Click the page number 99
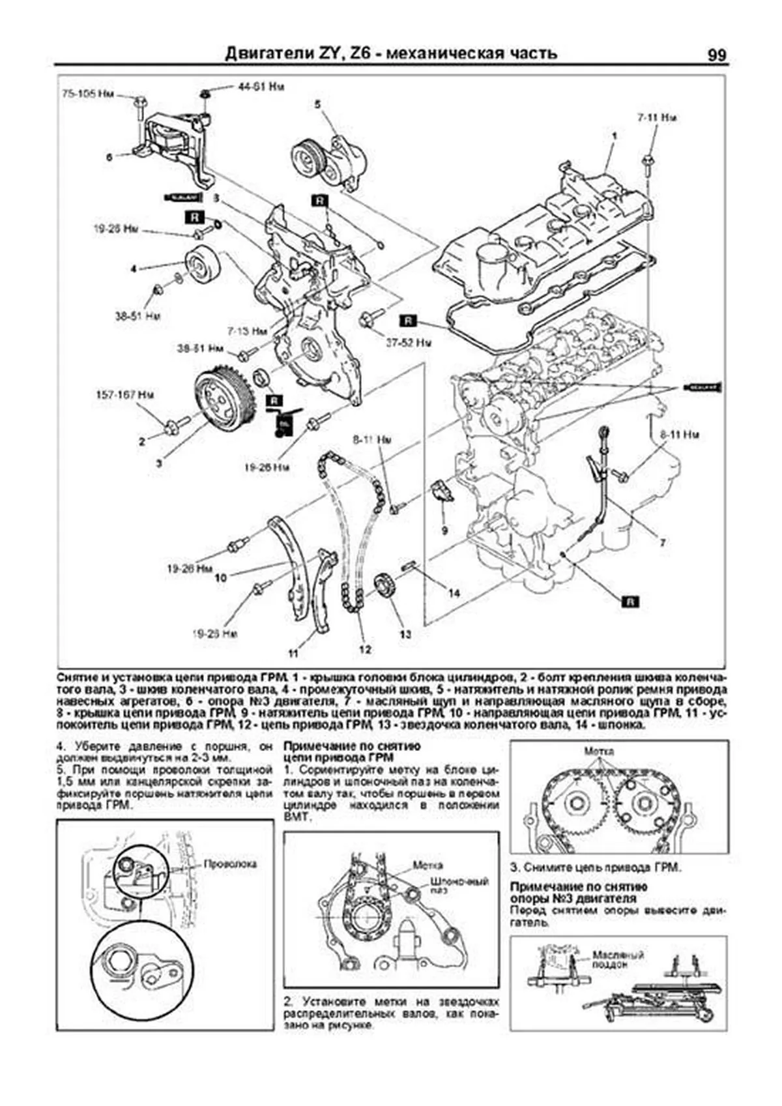[x=716, y=55]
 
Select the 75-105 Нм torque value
[x=88, y=95]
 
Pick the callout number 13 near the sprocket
[x=405, y=633]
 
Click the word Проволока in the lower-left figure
[x=231, y=864]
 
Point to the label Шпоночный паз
[x=459, y=886]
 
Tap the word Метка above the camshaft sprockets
[x=599, y=751]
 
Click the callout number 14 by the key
[x=454, y=593]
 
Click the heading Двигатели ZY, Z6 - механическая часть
[x=391, y=53]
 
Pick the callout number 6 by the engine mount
[x=109, y=156]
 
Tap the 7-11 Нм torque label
[x=656, y=118]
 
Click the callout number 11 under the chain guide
[x=293, y=652]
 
